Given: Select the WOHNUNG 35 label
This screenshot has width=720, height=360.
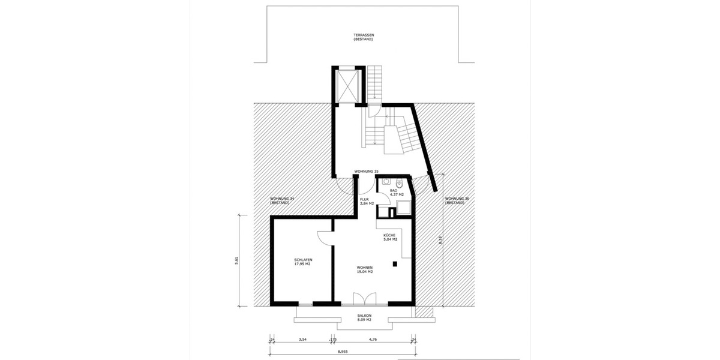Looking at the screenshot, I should point(367,171).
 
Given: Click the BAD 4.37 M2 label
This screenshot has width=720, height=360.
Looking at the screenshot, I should point(397,193).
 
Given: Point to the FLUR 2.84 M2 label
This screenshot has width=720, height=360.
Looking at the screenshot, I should point(367,202).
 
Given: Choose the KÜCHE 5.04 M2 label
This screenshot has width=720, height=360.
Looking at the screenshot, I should point(391,237).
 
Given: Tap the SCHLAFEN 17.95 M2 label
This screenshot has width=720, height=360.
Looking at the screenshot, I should point(303,262).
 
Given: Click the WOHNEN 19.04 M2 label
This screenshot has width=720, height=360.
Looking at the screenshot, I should point(365,269).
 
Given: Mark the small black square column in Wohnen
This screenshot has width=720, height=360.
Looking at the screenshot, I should point(395,263).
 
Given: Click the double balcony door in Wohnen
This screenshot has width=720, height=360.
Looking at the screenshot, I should point(364,299).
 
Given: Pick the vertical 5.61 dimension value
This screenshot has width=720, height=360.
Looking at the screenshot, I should point(237,260).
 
